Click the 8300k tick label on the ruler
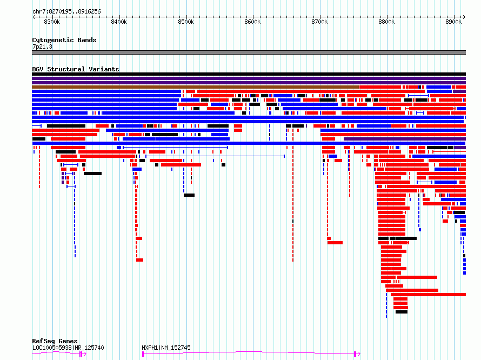pyautogui.click(x=52, y=22)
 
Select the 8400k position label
pyautogui.click(x=119, y=22)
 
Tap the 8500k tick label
pyautogui.click(x=186, y=22)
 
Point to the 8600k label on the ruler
pyautogui.click(x=252, y=22)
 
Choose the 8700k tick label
pyautogui.click(x=319, y=22)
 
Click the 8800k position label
pyautogui.click(x=386, y=22)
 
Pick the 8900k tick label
pyautogui.click(x=453, y=22)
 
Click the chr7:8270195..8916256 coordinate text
pyautogui.click(x=66, y=11)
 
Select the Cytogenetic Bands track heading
pyautogui.click(x=64, y=40)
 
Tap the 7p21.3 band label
pyautogui.click(x=42, y=46)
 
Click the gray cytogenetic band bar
pyautogui.click(x=249, y=52)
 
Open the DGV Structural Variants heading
pyautogui.click(x=76, y=69)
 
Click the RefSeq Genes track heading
pyautogui.click(x=55, y=341)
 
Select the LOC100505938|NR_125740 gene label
pyautogui.click(x=68, y=348)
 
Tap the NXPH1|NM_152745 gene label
pyautogui.click(x=166, y=348)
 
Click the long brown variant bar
pyautogui.click(x=196, y=87)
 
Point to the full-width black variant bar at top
pyautogui.click(x=249, y=74)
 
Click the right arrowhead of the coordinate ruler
pyautogui.click(x=464, y=17)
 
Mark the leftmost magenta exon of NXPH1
pyautogui.click(x=143, y=354)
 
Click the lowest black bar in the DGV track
pyautogui.click(x=402, y=312)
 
